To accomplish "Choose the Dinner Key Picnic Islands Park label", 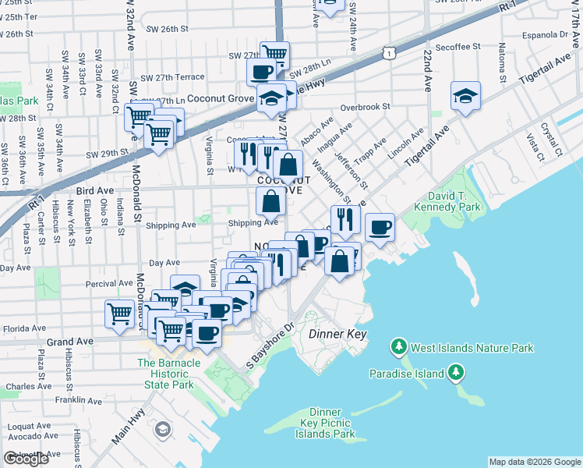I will point(325,423).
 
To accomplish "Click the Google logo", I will point(26,459).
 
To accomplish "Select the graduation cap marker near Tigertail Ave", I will point(465,97).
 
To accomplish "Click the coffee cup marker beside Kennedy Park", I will point(380,228).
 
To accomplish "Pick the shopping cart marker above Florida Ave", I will point(119,314).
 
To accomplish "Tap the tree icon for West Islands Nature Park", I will point(399,346).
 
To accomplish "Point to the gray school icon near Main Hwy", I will point(163,429).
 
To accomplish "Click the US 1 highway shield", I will point(387,52).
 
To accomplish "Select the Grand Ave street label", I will point(69,342).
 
